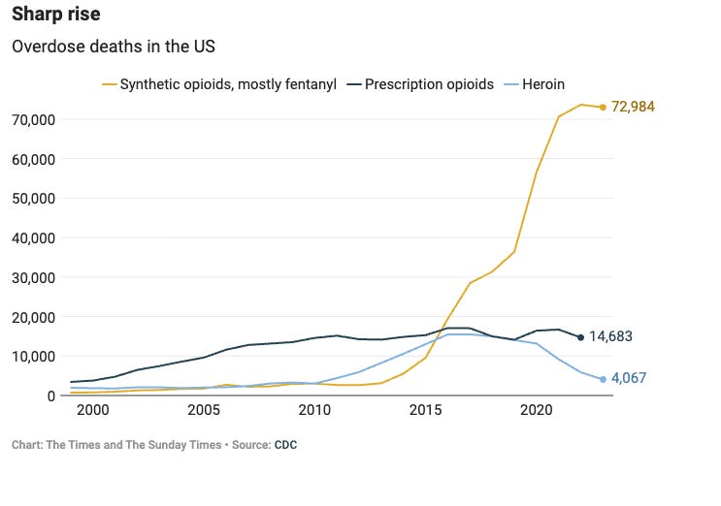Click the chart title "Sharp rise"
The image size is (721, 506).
tap(55, 16)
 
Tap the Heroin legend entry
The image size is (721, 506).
tap(535, 84)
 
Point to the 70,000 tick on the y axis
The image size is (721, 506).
tap(34, 119)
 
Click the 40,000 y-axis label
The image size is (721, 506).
tap(34, 237)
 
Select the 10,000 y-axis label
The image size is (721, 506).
tap(34, 356)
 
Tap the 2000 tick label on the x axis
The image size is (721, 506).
tap(92, 411)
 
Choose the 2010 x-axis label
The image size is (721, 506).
tap(314, 411)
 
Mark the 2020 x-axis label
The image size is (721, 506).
tap(536, 411)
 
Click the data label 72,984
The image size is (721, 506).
tap(634, 107)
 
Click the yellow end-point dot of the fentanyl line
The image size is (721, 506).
tap(603, 107)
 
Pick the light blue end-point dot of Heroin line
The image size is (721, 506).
tap(603, 379)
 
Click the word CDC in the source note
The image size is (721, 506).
tap(285, 445)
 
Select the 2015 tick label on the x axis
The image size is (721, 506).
tap(425, 411)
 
